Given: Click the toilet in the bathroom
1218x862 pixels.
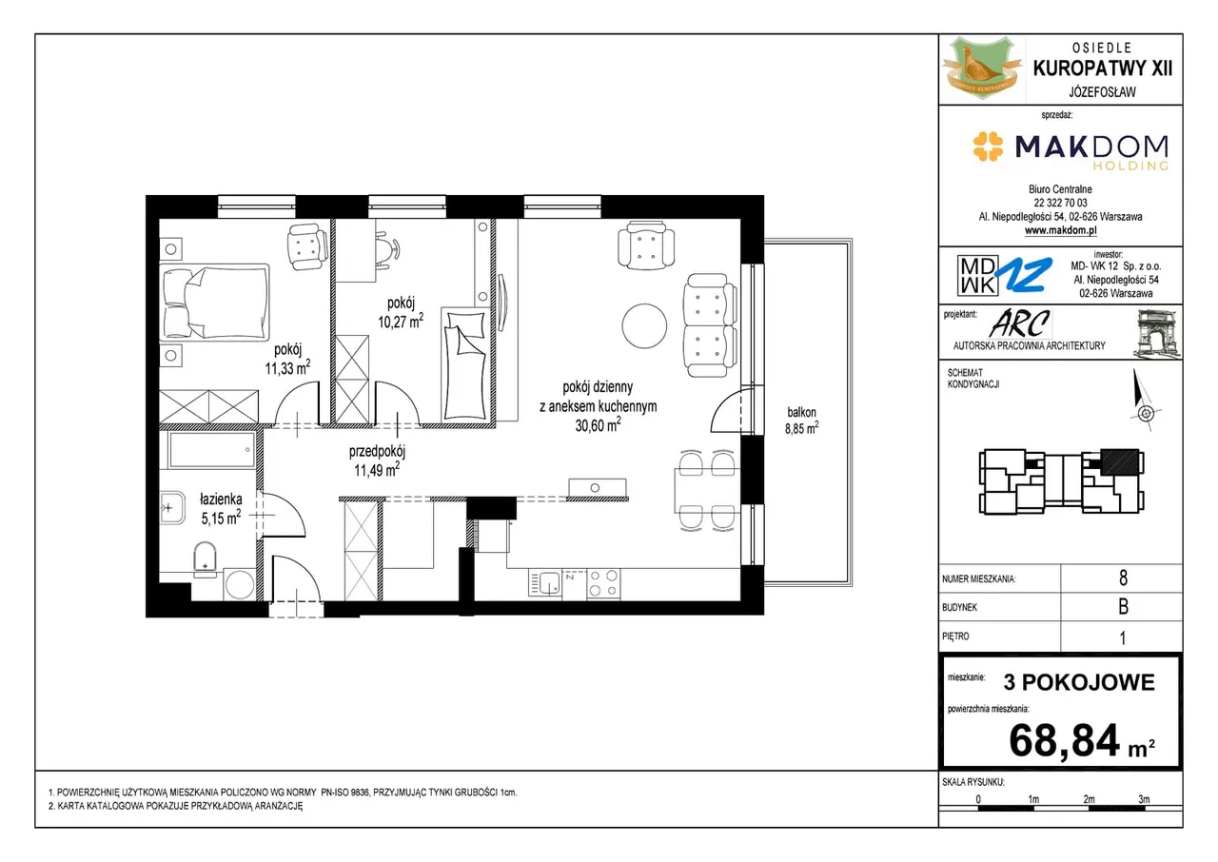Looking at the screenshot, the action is (205, 558).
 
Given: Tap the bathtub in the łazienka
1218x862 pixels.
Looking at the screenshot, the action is (211, 449).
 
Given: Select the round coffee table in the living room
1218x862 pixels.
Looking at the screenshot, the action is (644, 325).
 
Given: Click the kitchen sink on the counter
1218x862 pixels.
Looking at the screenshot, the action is (545, 584).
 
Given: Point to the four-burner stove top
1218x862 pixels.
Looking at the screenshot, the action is (603, 584).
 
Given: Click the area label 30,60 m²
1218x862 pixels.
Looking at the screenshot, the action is (599, 425).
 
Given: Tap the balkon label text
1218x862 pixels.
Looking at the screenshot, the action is (801, 412).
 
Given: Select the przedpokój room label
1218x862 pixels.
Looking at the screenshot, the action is (378, 451).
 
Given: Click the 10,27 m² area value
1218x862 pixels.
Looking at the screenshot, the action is (401, 322).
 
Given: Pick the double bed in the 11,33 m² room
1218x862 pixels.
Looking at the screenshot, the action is (215, 303).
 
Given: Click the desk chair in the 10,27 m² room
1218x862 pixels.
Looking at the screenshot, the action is (387, 249).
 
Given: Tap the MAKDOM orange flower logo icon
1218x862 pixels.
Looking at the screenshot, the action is (988, 147).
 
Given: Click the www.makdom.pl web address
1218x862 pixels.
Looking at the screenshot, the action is (1060, 230).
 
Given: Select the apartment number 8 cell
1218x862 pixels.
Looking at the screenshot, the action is (1123, 578).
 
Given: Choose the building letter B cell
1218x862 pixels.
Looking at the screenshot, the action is (1123, 607).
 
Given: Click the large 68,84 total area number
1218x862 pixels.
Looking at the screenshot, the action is (1064, 740).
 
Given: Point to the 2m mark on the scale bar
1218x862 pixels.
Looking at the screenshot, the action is (1089, 799).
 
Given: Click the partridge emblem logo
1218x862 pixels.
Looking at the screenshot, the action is (982, 69).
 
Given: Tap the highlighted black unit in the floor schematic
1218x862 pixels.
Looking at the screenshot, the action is (1120, 462).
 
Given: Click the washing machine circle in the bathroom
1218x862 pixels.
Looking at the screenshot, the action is (240, 585).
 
